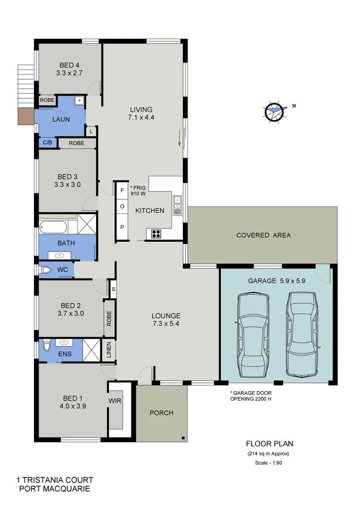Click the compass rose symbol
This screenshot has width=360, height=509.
pos(275,112)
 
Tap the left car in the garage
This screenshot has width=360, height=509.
pos(254,335)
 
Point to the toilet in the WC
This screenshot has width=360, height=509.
pos(45,270)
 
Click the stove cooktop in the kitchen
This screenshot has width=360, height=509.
pos(156,233)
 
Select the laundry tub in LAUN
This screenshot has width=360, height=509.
pos(79,100)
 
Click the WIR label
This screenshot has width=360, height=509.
pos(115,401)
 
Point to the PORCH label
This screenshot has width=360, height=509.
pos(161,413)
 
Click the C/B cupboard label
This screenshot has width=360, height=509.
pos(48,143)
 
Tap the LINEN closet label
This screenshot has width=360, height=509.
pos(108,350)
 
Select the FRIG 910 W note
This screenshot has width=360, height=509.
pos(138,190)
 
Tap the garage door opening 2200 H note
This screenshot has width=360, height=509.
pos(251,395)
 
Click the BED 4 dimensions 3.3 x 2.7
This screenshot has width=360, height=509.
pos(69,73)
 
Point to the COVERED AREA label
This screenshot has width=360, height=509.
pos(263,235)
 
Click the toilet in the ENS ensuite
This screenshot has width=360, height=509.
pos(46,346)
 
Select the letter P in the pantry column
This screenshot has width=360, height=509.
pos(122,227)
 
